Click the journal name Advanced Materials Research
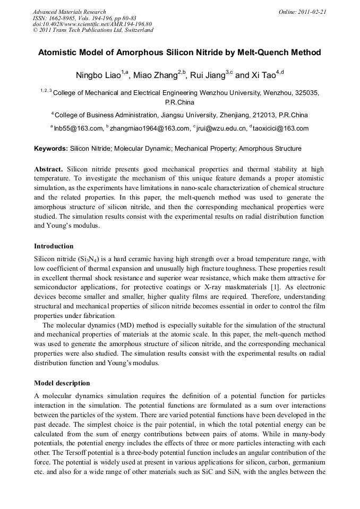click(70, 12)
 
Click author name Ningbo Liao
click(100, 75)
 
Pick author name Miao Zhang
click(156, 75)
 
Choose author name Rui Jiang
click(209, 75)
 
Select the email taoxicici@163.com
click(281, 128)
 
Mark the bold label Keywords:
click(50, 149)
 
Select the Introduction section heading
click(54, 246)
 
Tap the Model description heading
click(62, 383)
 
